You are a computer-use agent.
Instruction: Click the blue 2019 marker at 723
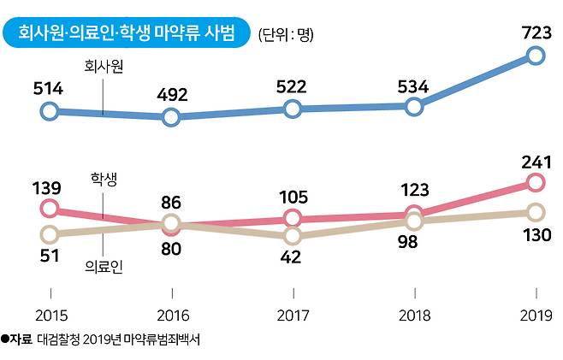pyautogui.click(x=535, y=56)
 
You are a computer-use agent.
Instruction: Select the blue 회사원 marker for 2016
pyautogui.click(x=171, y=117)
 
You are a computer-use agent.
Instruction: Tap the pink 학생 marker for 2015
pyautogui.click(x=50, y=208)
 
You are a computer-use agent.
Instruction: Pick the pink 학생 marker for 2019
pyautogui.click(x=535, y=183)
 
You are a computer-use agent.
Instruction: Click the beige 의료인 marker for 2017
pyautogui.click(x=293, y=236)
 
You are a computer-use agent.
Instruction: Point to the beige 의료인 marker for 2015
pyautogui.click(x=50, y=234)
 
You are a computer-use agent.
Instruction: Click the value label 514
pyautogui.click(x=48, y=89)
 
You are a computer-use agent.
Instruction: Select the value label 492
pyautogui.click(x=172, y=95)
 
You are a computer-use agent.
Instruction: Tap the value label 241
pyautogui.click(x=536, y=162)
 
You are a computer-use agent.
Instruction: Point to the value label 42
pyautogui.click(x=291, y=257)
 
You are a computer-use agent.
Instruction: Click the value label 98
pyautogui.click(x=407, y=242)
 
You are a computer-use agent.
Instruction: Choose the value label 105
pyautogui.click(x=293, y=197)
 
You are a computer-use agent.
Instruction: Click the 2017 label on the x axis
pyautogui.click(x=293, y=316)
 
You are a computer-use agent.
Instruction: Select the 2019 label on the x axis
pyautogui.click(x=536, y=316)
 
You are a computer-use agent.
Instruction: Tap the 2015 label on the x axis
pyautogui.click(x=51, y=316)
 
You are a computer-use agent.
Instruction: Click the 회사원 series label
pyautogui.click(x=104, y=67)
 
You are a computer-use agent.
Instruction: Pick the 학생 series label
pyautogui.click(x=104, y=179)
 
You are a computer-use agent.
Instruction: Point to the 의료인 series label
pyautogui.click(x=104, y=267)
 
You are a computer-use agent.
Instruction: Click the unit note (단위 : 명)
pyautogui.click(x=286, y=35)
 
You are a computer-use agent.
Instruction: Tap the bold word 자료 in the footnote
pyautogui.click(x=21, y=339)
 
